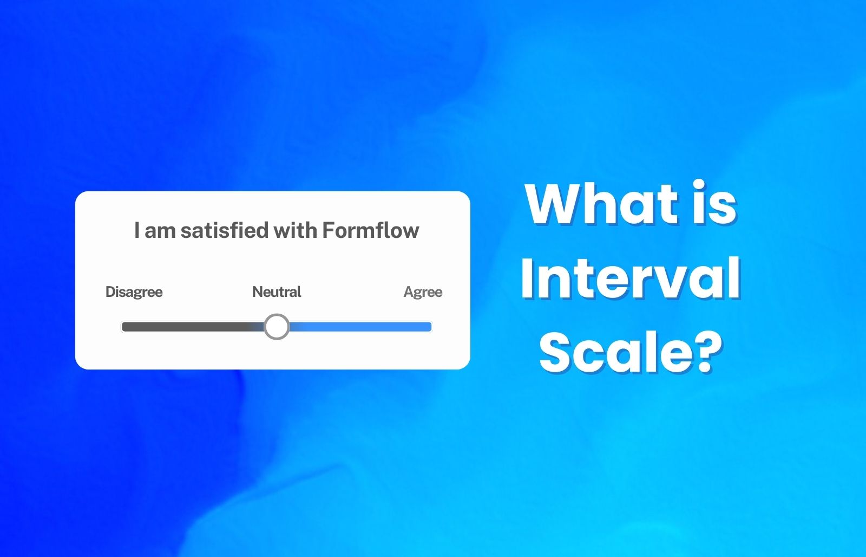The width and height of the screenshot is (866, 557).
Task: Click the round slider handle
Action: pos(277,327)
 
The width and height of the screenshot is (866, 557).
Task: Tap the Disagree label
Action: pos(134,292)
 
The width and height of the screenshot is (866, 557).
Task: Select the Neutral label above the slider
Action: pos(277,292)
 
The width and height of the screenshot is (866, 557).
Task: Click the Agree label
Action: pos(423,292)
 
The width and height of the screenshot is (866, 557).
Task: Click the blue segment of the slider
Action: pos(360,327)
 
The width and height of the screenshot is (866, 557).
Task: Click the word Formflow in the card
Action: pos(371,230)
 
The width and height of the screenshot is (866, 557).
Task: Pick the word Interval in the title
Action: pos(631,278)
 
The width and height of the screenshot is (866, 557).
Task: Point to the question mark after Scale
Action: pos(709,352)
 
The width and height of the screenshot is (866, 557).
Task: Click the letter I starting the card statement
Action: pos(137,230)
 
